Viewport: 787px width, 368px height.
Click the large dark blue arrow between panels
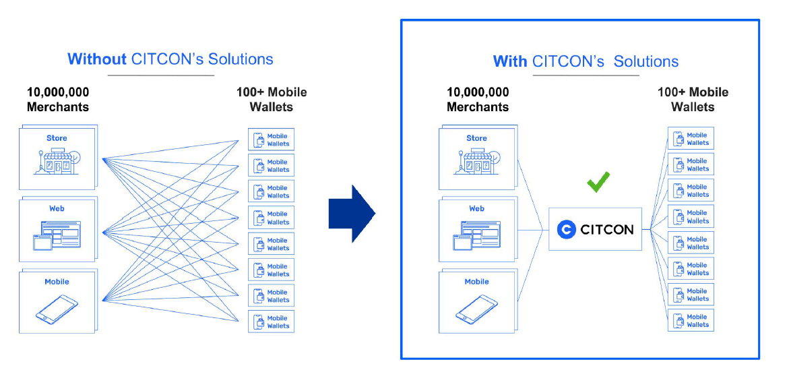click(351, 214)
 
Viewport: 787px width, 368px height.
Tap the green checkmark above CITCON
click(598, 181)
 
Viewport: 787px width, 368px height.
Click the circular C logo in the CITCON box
click(567, 229)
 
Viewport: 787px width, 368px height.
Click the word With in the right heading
click(510, 61)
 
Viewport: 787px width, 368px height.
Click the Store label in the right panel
click(476, 138)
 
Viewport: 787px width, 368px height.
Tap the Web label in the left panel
click(57, 209)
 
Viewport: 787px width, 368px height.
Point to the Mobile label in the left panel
click(57, 282)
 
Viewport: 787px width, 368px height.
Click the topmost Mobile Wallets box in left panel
click(271, 140)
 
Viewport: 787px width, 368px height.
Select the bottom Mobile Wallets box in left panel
click(271, 322)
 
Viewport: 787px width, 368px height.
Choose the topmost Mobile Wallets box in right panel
click(691, 139)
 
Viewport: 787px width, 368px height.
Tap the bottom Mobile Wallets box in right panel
click(691, 321)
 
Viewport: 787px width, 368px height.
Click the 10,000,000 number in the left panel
click(58, 92)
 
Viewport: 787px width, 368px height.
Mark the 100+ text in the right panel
click(670, 92)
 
